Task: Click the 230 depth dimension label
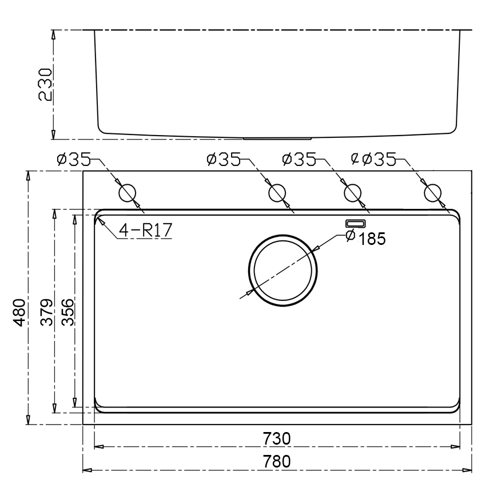click(45, 84)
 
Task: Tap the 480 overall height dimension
click(19, 312)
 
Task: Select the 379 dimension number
click(47, 312)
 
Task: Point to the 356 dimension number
click(67, 312)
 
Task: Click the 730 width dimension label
click(276, 438)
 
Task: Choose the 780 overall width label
click(276, 461)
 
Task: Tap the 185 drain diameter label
click(372, 239)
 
